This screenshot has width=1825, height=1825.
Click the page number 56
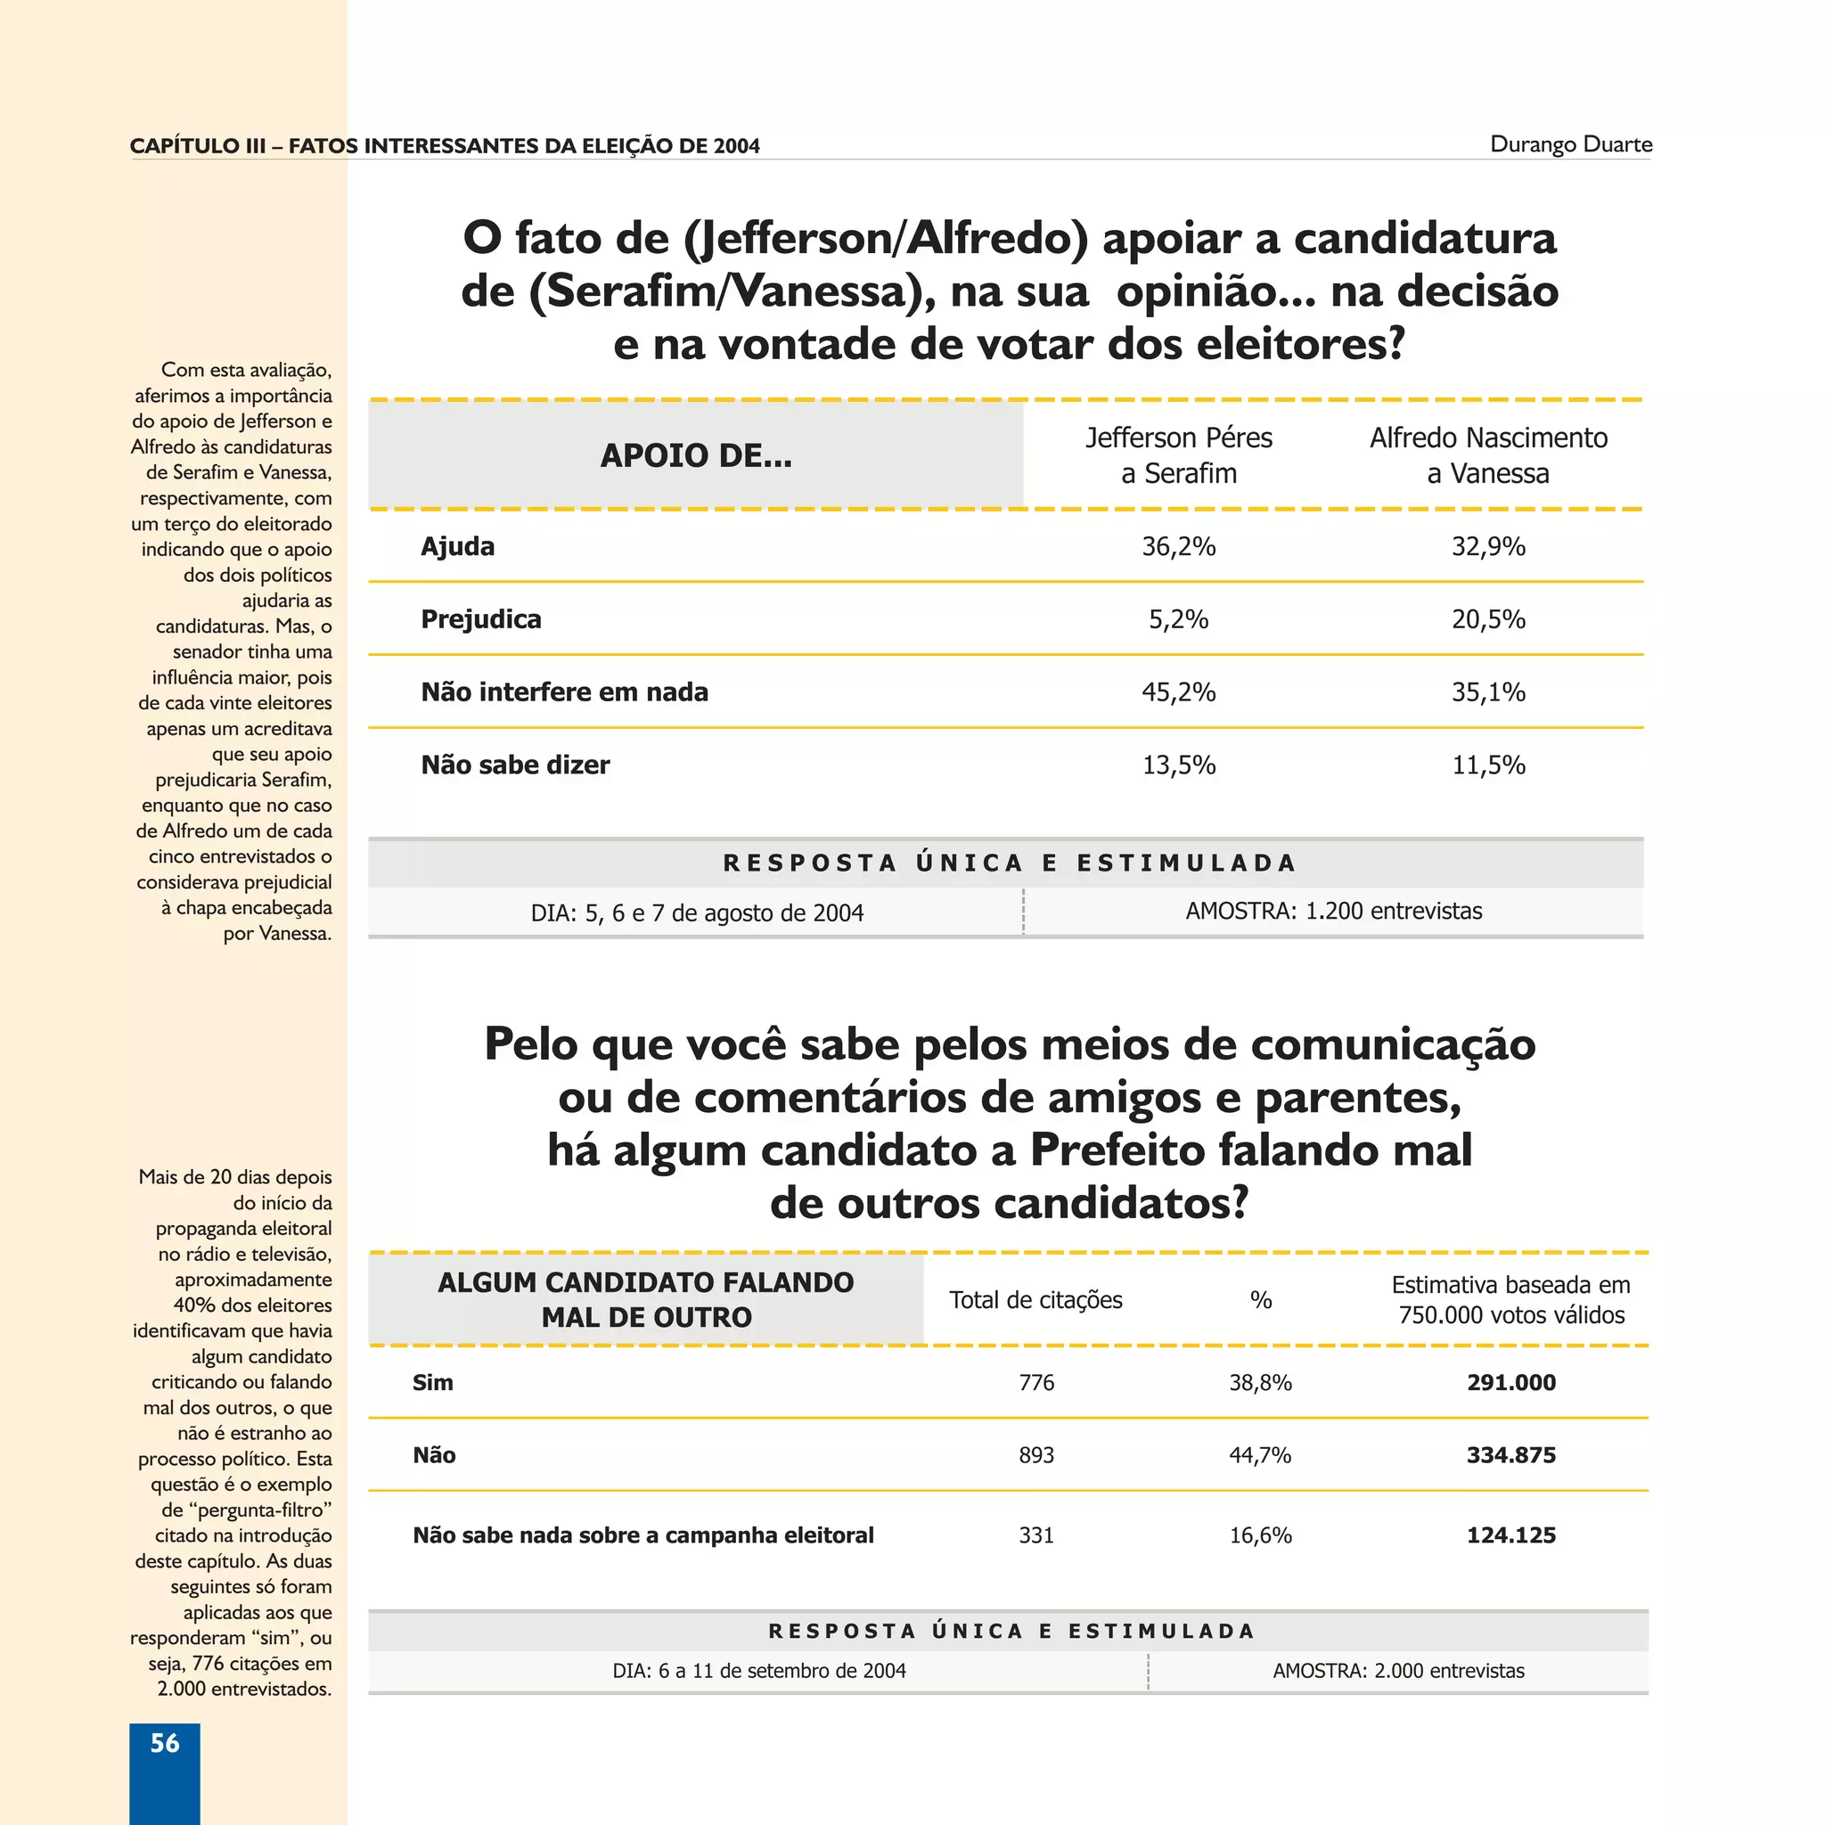(x=164, y=1743)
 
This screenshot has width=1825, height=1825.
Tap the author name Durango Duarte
(x=1571, y=144)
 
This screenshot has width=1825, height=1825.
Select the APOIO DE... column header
(x=696, y=455)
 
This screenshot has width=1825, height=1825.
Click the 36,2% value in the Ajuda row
(x=1178, y=546)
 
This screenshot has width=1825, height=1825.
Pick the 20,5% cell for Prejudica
(x=1488, y=618)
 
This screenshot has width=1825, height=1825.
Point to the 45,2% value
(x=1178, y=692)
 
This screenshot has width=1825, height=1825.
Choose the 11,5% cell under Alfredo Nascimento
(x=1488, y=765)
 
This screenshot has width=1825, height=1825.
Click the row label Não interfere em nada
(x=564, y=692)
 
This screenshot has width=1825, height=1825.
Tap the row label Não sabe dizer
(x=515, y=765)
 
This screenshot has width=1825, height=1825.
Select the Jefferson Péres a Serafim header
(x=1178, y=455)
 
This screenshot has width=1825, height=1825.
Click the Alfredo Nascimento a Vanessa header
(x=1488, y=455)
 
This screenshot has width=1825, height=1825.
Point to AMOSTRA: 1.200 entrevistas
(x=1333, y=911)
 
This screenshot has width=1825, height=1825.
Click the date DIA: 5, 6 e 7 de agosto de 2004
(x=696, y=912)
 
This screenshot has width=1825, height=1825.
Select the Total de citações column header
(x=1035, y=1300)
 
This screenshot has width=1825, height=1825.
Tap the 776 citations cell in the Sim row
(x=1035, y=1382)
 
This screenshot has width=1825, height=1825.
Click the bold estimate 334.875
(x=1510, y=1454)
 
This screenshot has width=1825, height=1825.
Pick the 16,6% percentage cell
(x=1260, y=1535)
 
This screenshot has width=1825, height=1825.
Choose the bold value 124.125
(x=1510, y=1535)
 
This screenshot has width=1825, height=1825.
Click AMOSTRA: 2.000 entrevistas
(x=1398, y=1670)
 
